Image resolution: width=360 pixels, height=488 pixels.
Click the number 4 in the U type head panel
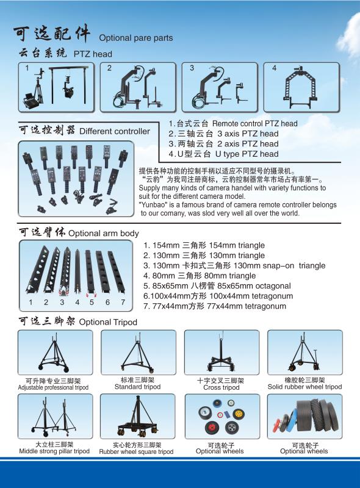pos(274,68)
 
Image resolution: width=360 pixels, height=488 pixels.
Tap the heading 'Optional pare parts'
pos(136,38)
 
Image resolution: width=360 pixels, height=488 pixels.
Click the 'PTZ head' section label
pos(93,54)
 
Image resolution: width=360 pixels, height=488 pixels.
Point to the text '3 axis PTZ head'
pos(248,134)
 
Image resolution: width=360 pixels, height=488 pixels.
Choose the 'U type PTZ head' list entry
pos(247,154)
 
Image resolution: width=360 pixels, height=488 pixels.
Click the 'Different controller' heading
pos(115,131)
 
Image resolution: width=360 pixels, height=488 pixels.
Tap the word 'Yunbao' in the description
pos(153,205)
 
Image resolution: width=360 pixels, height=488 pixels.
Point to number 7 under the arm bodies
pos(123,302)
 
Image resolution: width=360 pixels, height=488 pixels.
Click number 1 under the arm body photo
pos(31,302)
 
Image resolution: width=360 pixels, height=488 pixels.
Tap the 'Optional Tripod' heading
pos(108,322)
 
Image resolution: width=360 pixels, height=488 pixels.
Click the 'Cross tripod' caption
pos(221,387)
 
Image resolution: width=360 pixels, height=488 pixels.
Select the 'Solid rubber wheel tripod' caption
pos(305,387)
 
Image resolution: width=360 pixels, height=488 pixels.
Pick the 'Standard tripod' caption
pos(138,387)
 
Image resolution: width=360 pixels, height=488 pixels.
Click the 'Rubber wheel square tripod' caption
pos(137,451)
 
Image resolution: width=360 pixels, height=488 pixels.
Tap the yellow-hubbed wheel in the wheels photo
pos(239,414)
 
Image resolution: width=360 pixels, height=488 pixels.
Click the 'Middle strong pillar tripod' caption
pos(54,451)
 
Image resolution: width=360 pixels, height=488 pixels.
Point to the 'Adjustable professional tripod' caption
pos(53,387)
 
